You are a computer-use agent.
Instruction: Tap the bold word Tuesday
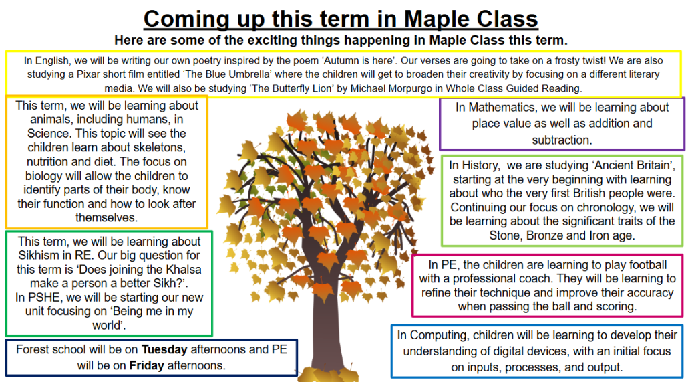(x=164, y=349)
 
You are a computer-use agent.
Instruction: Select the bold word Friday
(x=146, y=366)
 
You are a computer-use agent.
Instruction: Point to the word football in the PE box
(x=648, y=265)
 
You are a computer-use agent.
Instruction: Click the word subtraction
(x=562, y=140)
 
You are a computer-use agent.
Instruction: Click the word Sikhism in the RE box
(x=39, y=256)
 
